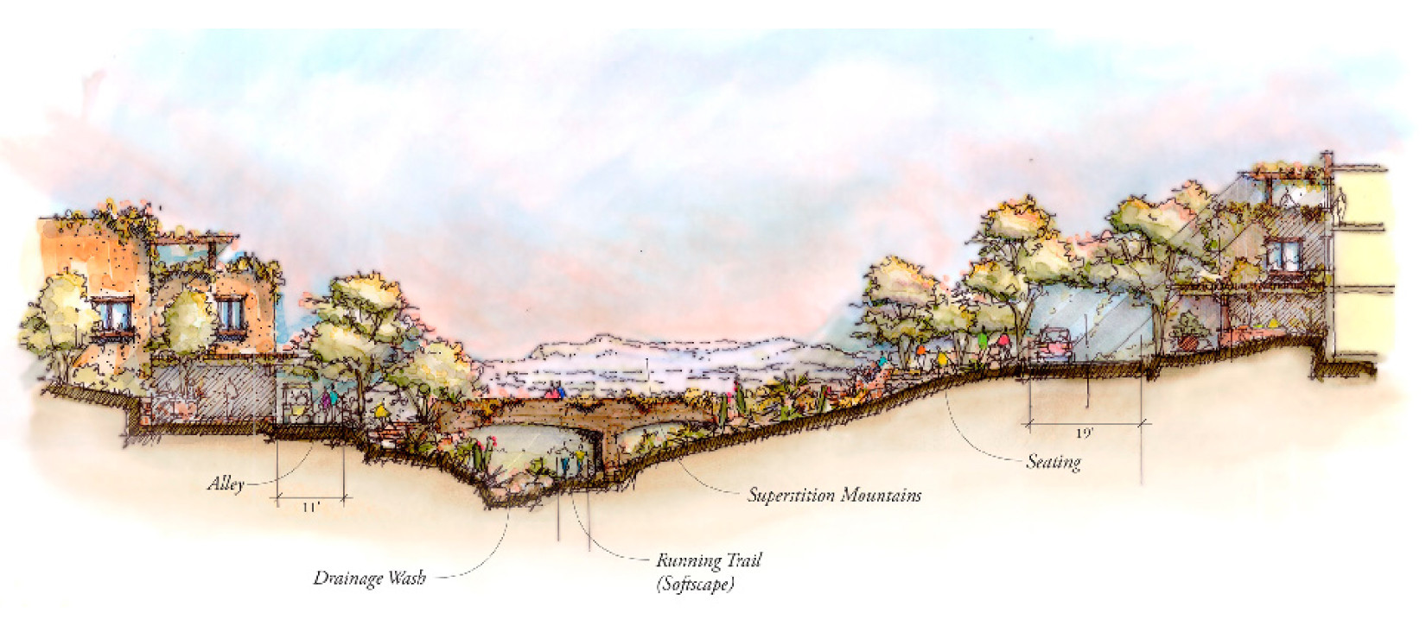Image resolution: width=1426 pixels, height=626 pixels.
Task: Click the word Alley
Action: click(x=226, y=484)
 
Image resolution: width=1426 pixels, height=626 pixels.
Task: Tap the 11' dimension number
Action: click(x=310, y=508)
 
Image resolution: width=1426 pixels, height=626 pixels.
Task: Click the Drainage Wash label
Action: click(x=369, y=578)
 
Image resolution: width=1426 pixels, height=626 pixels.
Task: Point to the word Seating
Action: click(x=1054, y=462)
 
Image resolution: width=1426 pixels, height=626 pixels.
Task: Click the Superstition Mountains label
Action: click(x=834, y=496)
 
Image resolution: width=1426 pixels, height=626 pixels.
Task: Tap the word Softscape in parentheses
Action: click(x=695, y=585)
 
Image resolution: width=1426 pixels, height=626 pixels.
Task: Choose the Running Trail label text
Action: click(x=708, y=561)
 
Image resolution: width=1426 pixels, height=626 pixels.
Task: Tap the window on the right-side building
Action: click(x=1284, y=255)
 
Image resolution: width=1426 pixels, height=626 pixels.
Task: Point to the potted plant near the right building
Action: click(x=1189, y=333)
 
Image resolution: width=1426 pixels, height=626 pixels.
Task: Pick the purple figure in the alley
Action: click(x=328, y=401)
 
